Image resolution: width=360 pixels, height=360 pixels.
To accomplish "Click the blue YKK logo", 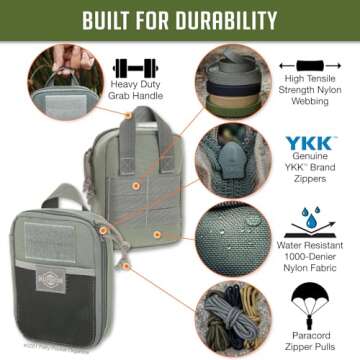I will pyautogui.click(x=315, y=145).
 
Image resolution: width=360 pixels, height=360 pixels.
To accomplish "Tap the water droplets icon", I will pyautogui.click(x=316, y=221).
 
